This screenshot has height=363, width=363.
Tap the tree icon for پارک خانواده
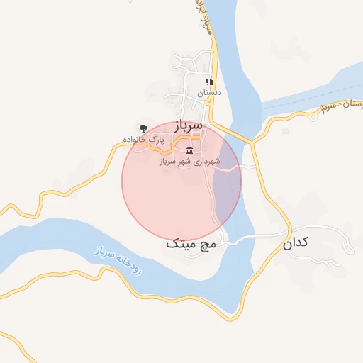click(x=144, y=128)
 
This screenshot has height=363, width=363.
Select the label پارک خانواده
click(x=143, y=139)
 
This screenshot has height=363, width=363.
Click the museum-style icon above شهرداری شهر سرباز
click(x=189, y=150)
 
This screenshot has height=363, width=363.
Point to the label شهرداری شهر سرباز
click(x=189, y=162)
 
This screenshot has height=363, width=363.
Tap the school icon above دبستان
click(x=209, y=82)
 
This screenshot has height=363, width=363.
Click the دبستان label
click(x=209, y=92)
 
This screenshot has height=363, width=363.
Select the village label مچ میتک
click(x=189, y=244)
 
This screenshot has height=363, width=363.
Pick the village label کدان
click(x=296, y=243)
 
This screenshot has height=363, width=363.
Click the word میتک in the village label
click(x=180, y=244)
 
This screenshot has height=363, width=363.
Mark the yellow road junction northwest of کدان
click(x=252, y=143)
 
